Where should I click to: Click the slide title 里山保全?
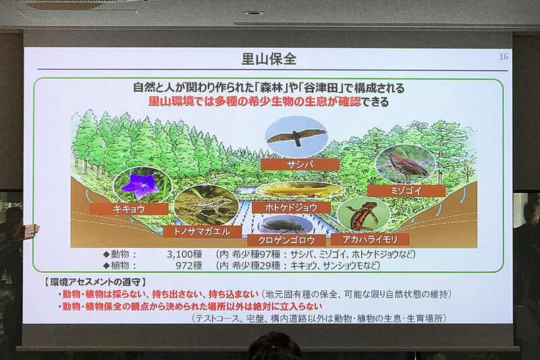(269, 59)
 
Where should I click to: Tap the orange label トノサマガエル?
(202, 232)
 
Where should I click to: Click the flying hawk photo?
(296, 137)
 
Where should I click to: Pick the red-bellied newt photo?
(364, 215)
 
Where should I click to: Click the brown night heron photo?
(404, 163)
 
